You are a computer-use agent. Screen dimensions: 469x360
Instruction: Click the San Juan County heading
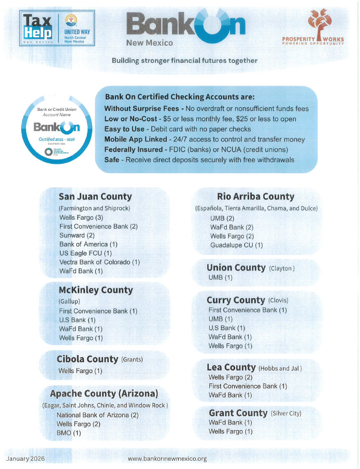point(95,196)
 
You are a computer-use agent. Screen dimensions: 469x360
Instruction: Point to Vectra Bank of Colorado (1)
point(99,262)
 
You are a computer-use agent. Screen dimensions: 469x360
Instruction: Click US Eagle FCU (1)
point(85,253)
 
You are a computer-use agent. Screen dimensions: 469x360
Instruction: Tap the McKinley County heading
point(96,290)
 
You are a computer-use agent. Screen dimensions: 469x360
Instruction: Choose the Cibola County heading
point(87,359)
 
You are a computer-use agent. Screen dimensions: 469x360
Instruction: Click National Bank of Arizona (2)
point(97,415)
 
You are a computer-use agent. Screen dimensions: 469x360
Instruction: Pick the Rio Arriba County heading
point(256,196)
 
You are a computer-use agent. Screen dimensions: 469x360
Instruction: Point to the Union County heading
point(236,267)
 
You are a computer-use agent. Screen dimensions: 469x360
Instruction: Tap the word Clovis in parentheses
point(278,301)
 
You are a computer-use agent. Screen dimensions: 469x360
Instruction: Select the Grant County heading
point(238,413)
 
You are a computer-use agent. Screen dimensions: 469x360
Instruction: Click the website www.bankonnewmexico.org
point(167,459)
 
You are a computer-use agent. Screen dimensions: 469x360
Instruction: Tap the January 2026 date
point(26,459)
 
